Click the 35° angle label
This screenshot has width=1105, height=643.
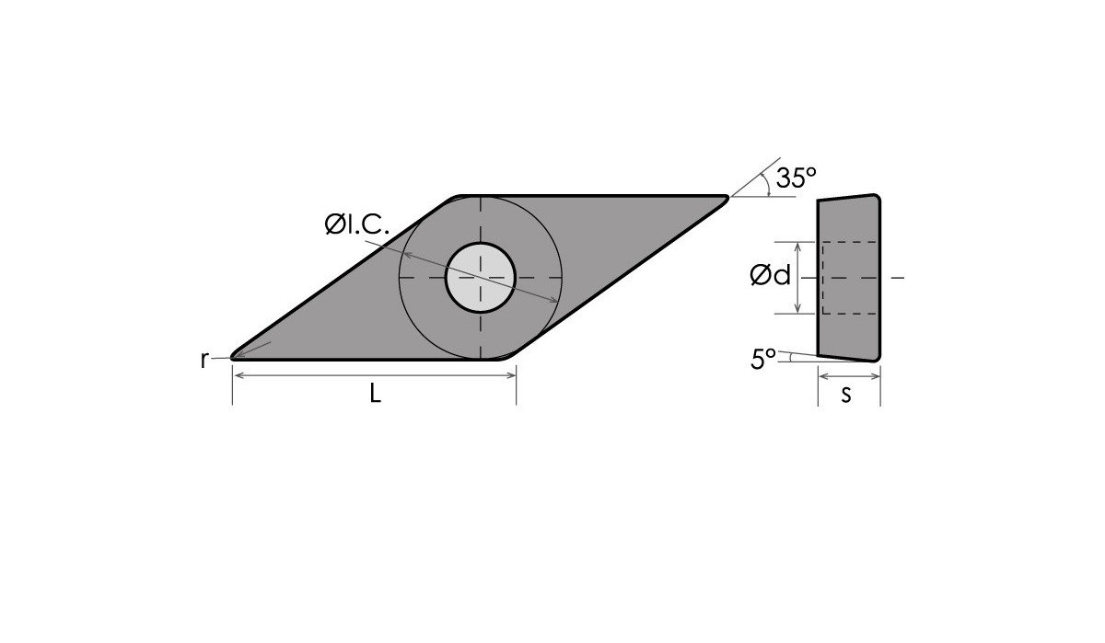796,178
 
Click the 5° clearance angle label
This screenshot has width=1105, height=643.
762,360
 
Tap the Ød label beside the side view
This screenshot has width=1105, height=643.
771,275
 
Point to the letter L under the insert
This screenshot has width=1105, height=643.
375,394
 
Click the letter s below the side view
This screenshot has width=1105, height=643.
846,394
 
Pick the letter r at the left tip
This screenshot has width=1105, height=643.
204,360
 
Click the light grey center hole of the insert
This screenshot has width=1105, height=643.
480,277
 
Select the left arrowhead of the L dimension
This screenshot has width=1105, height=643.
237,375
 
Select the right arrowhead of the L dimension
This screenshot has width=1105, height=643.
511,375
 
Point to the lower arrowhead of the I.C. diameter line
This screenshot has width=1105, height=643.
553,300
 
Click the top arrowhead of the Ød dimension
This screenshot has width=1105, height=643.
797,246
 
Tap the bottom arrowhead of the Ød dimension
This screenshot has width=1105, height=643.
797,309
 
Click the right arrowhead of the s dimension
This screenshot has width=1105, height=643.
877,375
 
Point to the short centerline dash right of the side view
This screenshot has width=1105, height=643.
899,277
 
